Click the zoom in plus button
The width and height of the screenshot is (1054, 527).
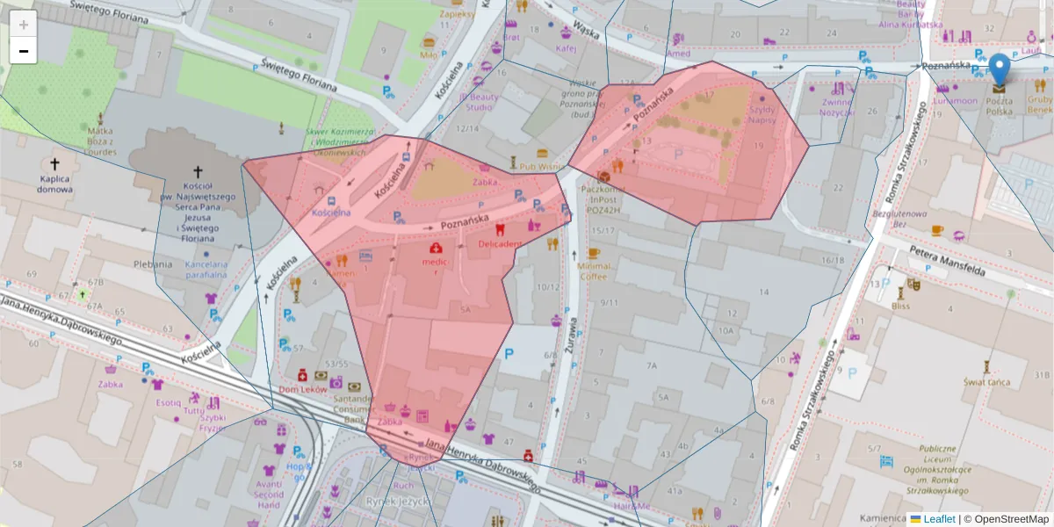coord(24,25)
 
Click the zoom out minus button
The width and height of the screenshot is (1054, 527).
coord(24,51)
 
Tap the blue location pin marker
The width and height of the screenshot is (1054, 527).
coord(1000,69)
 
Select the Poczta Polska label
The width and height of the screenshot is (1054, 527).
coord(998,105)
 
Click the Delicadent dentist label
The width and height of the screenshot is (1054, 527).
coord(500,243)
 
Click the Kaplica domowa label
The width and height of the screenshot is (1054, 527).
coord(55,184)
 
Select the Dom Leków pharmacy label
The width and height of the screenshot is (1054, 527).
coord(302,389)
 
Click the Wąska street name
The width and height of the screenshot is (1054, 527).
coord(586,35)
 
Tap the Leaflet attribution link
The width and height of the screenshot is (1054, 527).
coord(939,519)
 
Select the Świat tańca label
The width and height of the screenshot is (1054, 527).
coord(986,382)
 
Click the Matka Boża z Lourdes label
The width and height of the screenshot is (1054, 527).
coord(100,141)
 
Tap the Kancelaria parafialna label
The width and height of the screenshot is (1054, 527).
coord(207,269)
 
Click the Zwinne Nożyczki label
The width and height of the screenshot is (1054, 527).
coord(836,107)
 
